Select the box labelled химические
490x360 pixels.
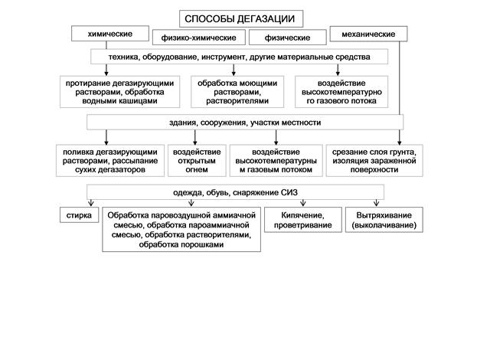point(110,34)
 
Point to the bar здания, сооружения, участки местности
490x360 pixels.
point(245,123)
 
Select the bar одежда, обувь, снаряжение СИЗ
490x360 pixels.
point(245,191)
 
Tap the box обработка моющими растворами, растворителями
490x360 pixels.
point(233,90)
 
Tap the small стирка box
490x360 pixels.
point(79,216)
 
